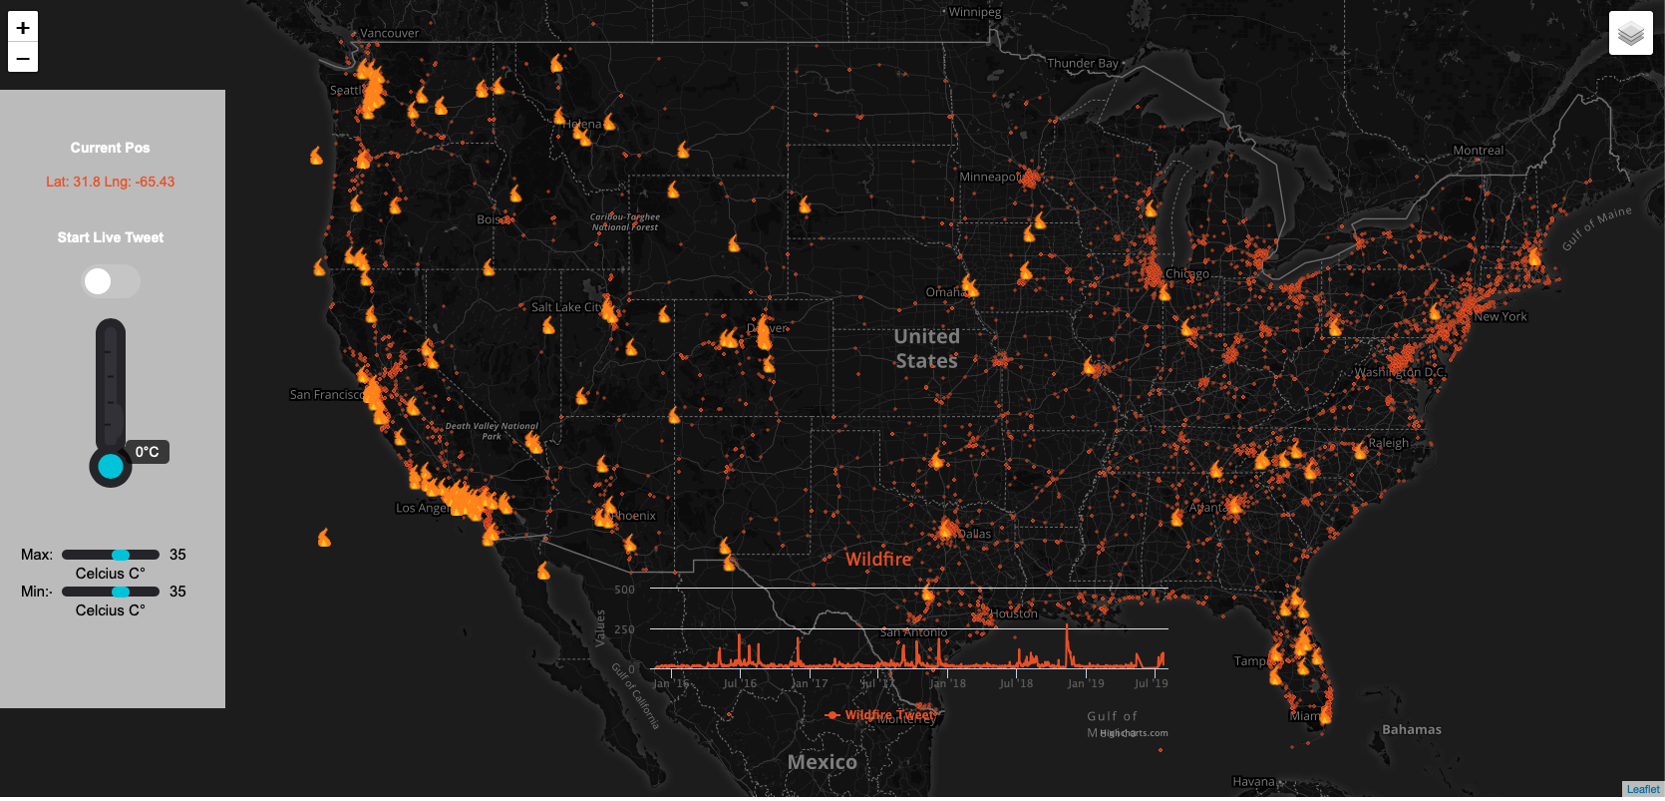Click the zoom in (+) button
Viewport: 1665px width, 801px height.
pyautogui.click(x=23, y=28)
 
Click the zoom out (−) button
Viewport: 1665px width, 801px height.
pyautogui.click(x=23, y=58)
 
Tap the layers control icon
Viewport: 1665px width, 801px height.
pyautogui.click(x=1630, y=34)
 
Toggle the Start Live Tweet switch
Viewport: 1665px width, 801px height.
pyautogui.click(x=110, y=281)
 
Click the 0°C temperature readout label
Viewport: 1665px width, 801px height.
pyautogui.click(x=147, y=452)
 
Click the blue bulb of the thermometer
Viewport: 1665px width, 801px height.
pyautogui.click(x=111, y=466)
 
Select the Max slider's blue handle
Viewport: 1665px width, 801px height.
pyautogui.click(x=121, y=555)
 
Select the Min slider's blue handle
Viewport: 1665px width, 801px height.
pyautogui.click(x=121, y=592)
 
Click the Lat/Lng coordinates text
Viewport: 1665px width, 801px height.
pyautogui.click(x=110, y=182)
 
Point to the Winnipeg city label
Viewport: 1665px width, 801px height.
pyautogui.click(x=974, y=12)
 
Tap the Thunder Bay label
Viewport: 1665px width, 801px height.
pyautogui.click(x=1083, y=63)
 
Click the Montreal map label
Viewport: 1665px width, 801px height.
pyautogui.click(x=1478, y=151)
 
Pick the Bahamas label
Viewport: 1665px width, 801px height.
pyautogui.click(x=1411, y=729)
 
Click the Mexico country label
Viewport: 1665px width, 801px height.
pyautogui.click(x=822, y=762)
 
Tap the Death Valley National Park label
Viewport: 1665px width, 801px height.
pyautogui.click(x=492, y=431)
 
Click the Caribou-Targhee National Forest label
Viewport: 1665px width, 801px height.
pyautogui.click(x=625, y=221)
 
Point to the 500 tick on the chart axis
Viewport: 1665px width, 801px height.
pyautogui.click(x=624, y=590)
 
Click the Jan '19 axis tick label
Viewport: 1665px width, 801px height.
pyautogui.click(x=1085, y=683)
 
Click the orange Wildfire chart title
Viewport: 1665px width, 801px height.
pyautogui.click(x=878, y=559)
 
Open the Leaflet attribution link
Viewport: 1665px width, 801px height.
pyautogui.click(x=1643, y=789)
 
